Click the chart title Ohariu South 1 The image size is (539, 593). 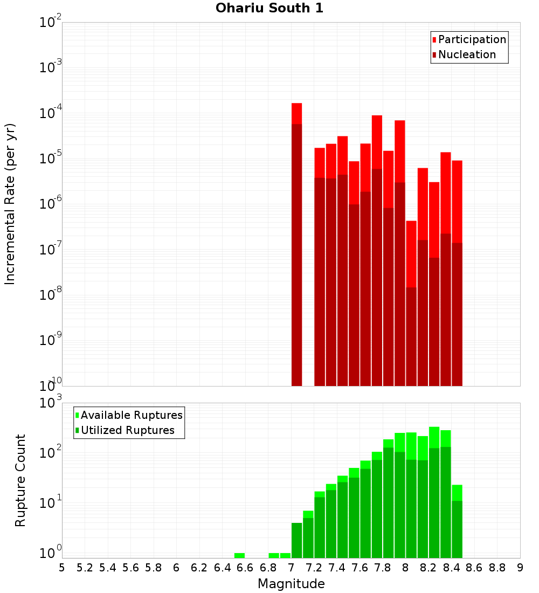[269, 9]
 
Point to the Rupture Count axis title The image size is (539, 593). [20, 480]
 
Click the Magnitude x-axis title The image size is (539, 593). [291, 584]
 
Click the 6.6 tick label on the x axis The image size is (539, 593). [245, 568]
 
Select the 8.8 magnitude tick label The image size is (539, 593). [497, 568]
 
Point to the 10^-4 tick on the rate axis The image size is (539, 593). [51, 114]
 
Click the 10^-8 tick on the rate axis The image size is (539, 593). [51, 295]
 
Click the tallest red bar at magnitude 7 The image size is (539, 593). [296, 243]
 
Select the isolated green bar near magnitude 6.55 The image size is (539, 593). [239, 555]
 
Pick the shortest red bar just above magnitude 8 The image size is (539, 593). [411, 302]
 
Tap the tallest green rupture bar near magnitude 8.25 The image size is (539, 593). [434, 491]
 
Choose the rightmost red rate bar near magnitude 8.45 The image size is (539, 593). [457, 270]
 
